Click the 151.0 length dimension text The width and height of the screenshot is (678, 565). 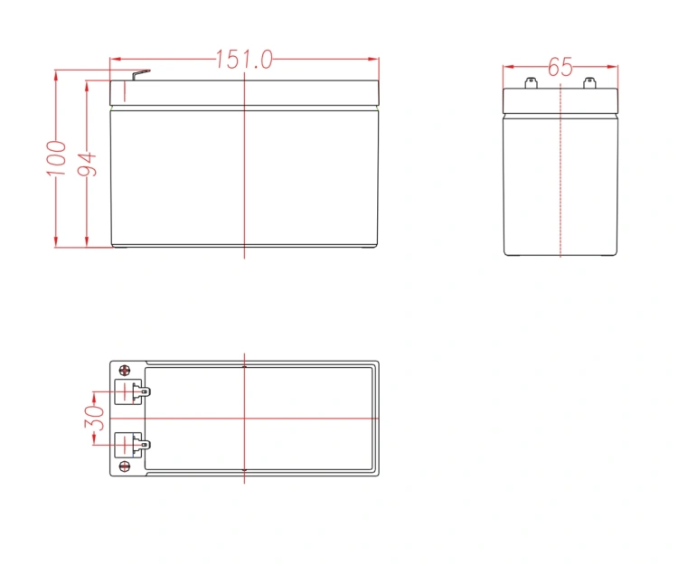click(x=244, y=60)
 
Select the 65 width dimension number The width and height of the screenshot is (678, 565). click(x=560, y=67)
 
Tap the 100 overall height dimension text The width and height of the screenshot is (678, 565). click(x=57, y=158)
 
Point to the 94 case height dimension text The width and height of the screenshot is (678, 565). click(x=87, y=165)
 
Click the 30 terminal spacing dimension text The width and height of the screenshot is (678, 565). click(x=94, y=418)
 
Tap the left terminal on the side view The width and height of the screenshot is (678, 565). click(x=531, y=82)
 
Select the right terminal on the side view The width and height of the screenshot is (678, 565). click(x=589, y=82)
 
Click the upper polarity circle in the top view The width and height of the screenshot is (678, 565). click(x=125, y=370)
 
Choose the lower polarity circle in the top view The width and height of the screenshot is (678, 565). click(x=125, y=466)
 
